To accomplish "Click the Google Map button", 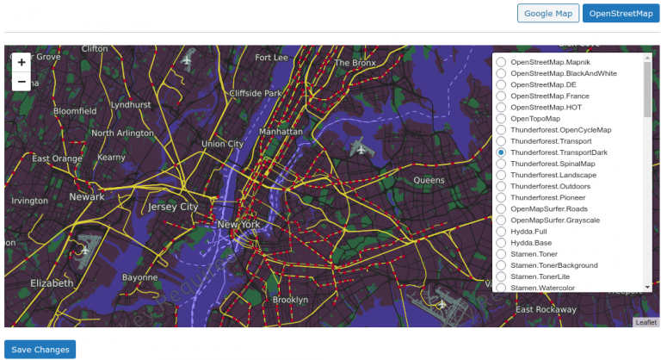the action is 547,13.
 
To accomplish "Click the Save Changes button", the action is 40,350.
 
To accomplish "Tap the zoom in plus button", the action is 22,62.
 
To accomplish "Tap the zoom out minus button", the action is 22,82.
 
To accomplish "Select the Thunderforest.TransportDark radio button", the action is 501,152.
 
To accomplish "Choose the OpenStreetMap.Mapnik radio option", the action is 501,62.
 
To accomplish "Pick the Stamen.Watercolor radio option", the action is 501,288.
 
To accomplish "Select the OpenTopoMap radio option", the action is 501,119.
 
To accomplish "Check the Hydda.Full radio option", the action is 501,232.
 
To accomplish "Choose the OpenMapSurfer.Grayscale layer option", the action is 501,220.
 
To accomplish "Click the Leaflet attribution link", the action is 646,322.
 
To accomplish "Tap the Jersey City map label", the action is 173,208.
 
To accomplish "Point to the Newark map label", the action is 86,197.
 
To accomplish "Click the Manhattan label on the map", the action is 281,132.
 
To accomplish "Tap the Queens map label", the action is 429,180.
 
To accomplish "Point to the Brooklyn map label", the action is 290,300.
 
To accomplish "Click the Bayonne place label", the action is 139,278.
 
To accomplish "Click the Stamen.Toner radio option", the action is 501,254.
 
